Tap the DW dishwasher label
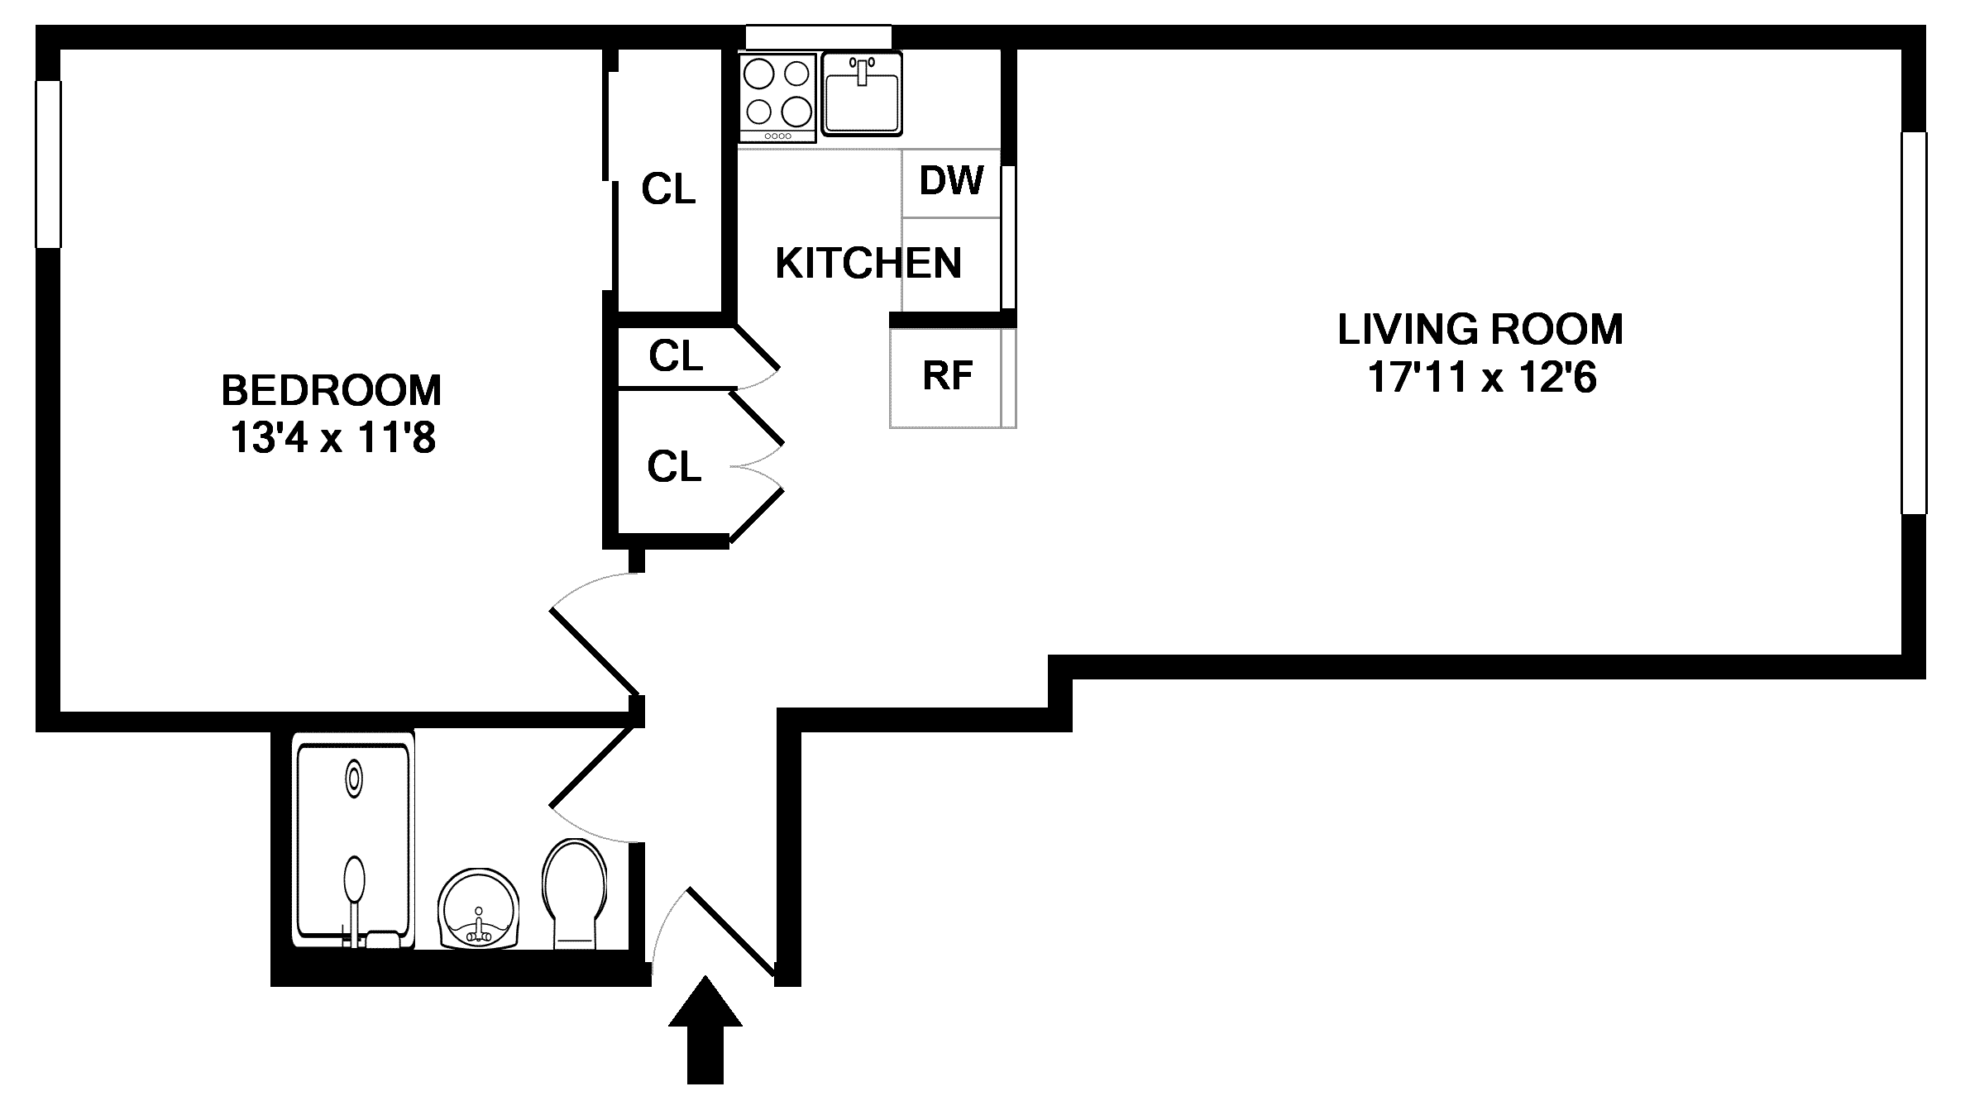point(951,180)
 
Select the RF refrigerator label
point(947,375)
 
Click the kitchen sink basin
point(862,93)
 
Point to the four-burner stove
point(777,98)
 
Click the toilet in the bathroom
point(574,893)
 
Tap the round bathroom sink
point(479,908)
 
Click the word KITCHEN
point(868,264)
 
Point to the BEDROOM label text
point(331,390)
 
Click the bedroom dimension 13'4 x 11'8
point(332,438)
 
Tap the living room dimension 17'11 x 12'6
point(1481,378)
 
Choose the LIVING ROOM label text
point(1480,329)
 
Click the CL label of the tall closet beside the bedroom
point(668,189)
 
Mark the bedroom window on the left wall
point(48,164)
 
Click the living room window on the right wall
point(1914,323)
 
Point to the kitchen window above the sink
point(819,37)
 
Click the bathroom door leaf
point(595,765)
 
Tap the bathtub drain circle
point(354,779)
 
